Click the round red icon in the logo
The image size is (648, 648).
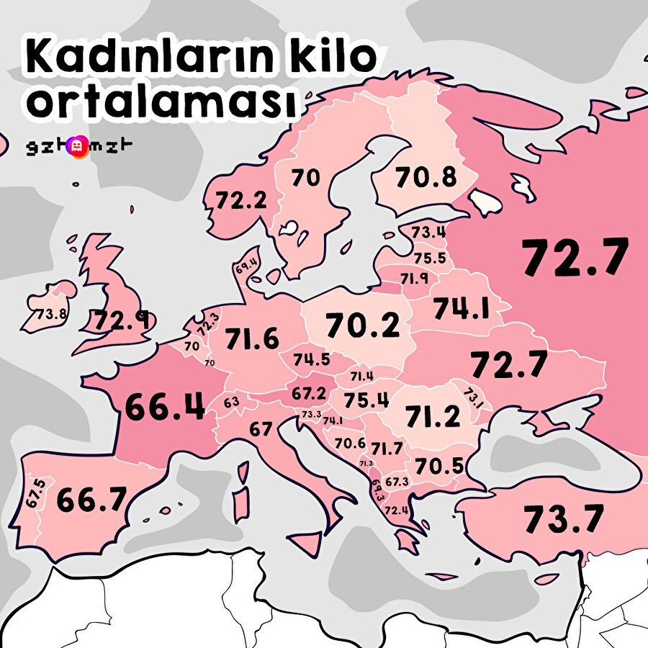76,148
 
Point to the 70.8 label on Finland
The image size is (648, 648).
426,176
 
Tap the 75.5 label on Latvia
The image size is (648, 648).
430,258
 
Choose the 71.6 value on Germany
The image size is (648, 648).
251,338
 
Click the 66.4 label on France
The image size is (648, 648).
165,407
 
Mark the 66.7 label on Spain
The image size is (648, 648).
91,500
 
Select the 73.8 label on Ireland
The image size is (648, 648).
51,315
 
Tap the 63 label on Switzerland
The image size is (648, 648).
231,402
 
